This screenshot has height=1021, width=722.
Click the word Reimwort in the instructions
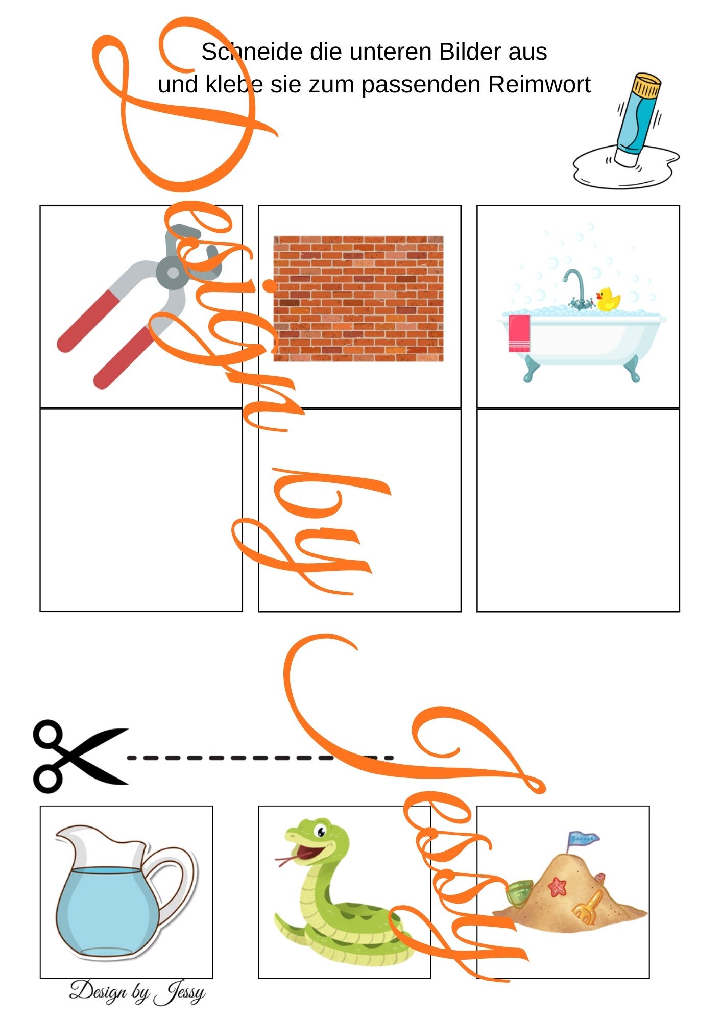pyautogui.click(x=539, y=84)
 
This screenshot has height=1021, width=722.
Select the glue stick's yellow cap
pyautogui.click(x=645, y=85)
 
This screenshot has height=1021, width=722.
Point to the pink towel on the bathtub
pyautogui.click(x=519, y=333)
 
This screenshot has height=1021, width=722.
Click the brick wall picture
pyautogui.click(x=358, y=299)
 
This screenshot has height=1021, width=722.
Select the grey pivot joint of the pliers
pyautogui.click(x=174, y=272)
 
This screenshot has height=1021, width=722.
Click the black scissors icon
pyautogui.click(x=79, y=757)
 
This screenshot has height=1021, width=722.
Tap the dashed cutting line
pyautogui.click(x=260, y=758)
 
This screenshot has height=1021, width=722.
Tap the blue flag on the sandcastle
pyautogui.click(x=583, y=838)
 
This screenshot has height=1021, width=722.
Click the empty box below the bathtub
pyautogui.click(x=578, y=510)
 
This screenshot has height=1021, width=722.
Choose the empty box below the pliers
pyautogui.click(x=141, y=509)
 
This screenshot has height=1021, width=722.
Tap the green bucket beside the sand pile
pyautogui.click(x=519, y=892)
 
